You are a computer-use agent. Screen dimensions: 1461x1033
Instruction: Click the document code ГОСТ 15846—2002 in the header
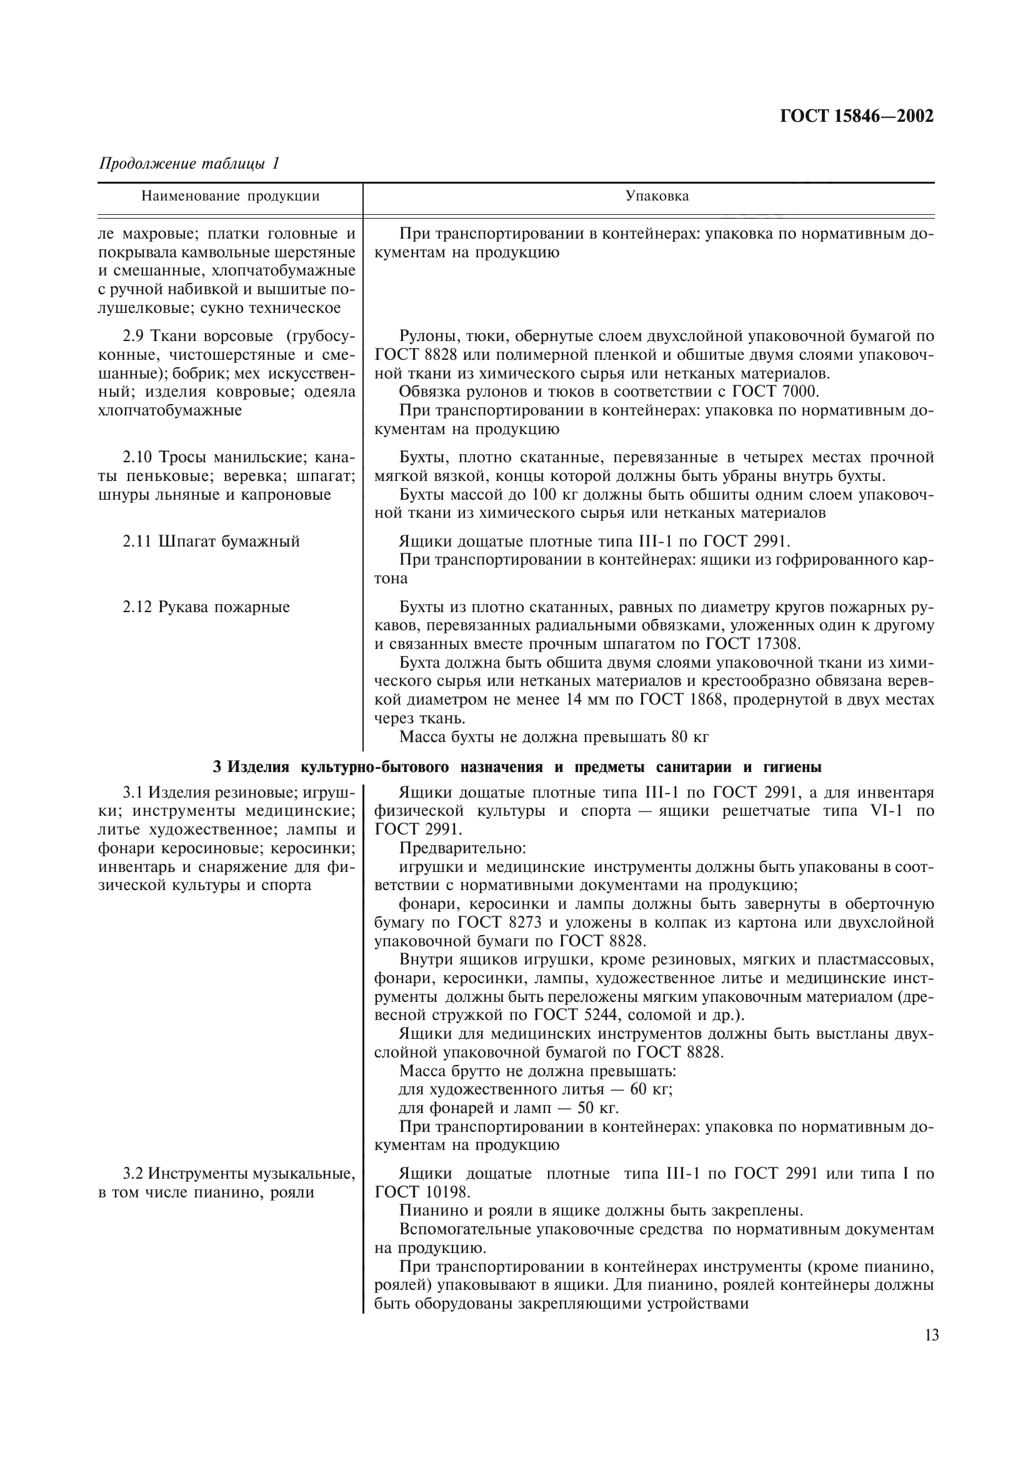click(856, 116)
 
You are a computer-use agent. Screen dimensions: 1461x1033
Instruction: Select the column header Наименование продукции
click(230, 196)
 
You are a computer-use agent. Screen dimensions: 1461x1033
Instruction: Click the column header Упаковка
click(657, 196)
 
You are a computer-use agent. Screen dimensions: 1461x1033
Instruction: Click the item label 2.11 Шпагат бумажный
click(211, 542)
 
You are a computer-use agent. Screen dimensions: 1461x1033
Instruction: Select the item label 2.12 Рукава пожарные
click(206, 607)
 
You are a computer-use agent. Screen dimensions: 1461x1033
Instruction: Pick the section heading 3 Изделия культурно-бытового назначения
click(517, 768)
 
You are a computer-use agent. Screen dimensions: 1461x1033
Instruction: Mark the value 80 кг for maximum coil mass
click(689, 738)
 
